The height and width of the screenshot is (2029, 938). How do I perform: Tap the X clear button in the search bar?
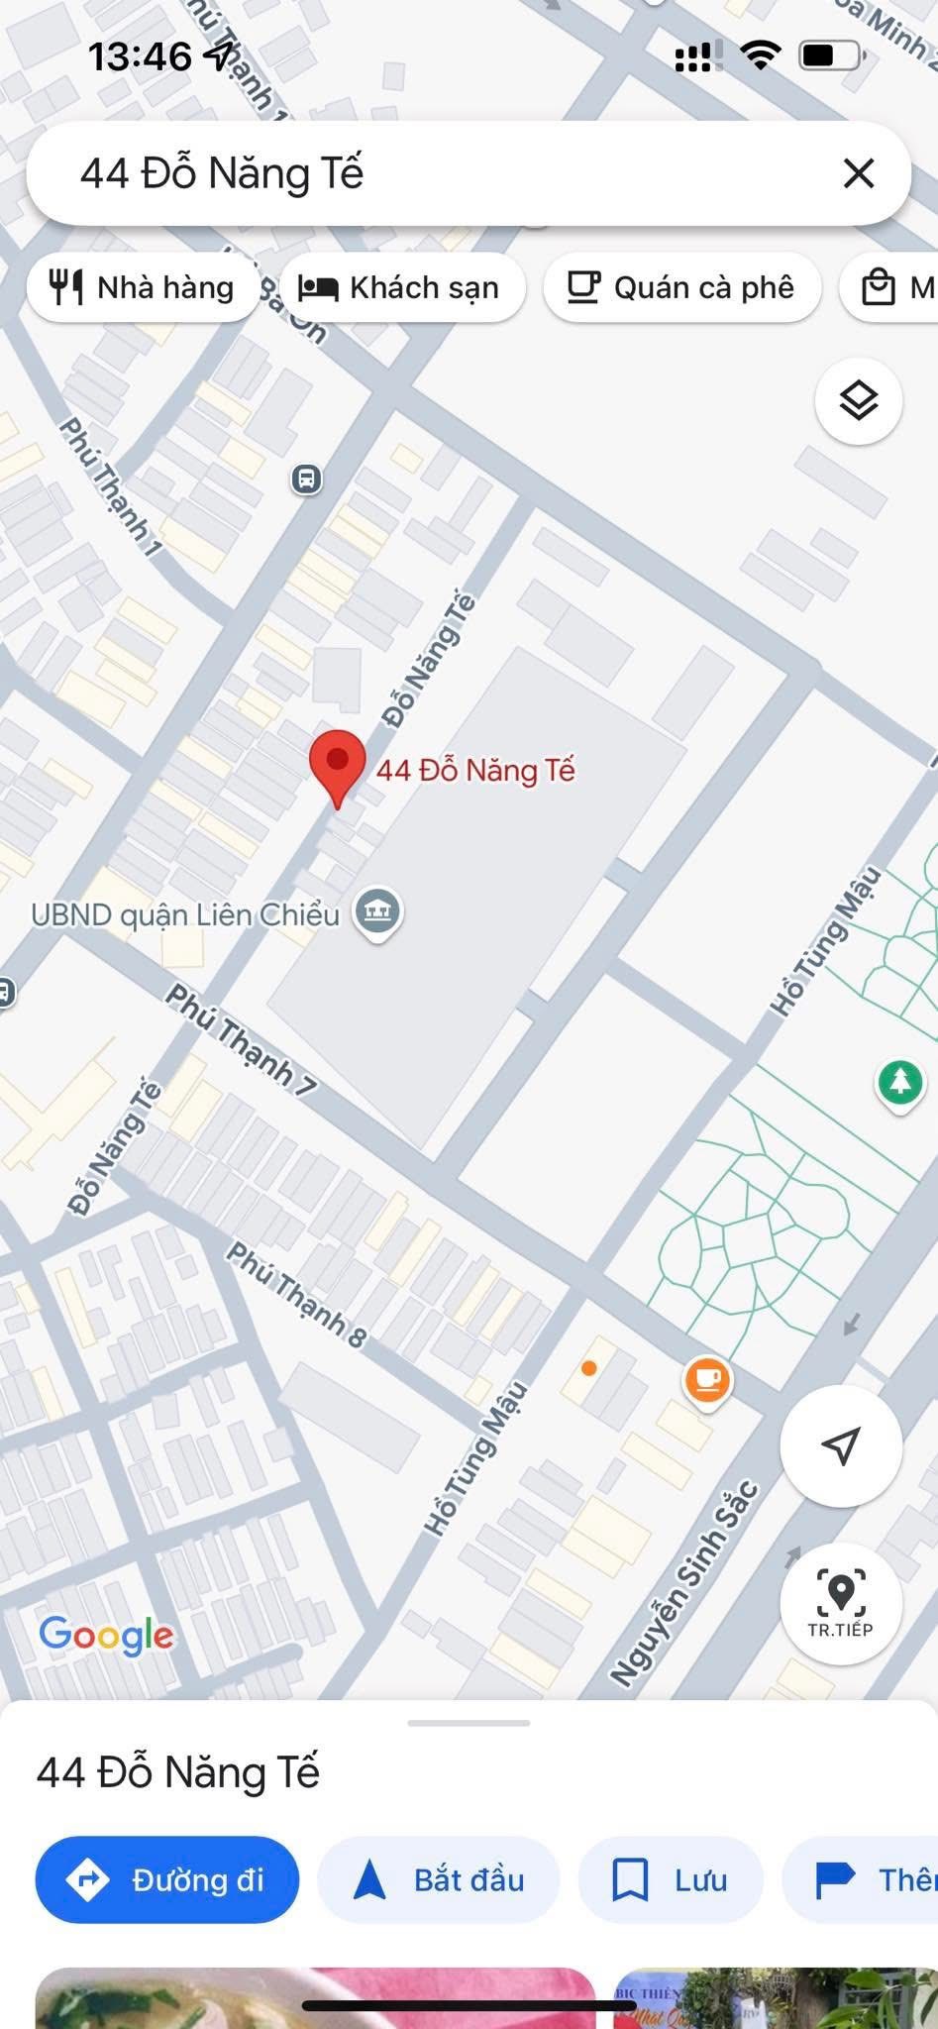[x=858, y=173]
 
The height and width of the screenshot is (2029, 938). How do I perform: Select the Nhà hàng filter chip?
[x=143, y=288]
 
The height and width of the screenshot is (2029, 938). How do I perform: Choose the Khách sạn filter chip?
[x=401, y=288]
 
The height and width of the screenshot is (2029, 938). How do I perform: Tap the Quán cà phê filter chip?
[x=681, y=288]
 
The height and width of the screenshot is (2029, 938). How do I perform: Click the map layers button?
[x=858, y=401]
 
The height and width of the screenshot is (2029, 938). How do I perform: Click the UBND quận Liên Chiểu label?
[x=185, y=914]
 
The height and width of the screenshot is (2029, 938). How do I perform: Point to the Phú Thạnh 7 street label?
[x=241, y=1039]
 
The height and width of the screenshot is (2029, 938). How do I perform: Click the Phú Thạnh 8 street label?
[x=296, y=1295]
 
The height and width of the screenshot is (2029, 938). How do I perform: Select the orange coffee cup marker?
[x=707, y=1380]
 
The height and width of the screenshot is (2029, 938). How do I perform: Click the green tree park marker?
[x=899, y=1082]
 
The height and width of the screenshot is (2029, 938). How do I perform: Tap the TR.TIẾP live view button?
[x=840, y=1602]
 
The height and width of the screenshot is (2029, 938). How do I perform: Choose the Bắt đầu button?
[x=439, y=1879]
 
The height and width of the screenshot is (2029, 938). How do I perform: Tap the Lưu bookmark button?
[x=671, y=1879]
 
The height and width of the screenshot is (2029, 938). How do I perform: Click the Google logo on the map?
[x=106, y=1635]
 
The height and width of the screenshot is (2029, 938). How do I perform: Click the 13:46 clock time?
[x=140, y=56]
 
